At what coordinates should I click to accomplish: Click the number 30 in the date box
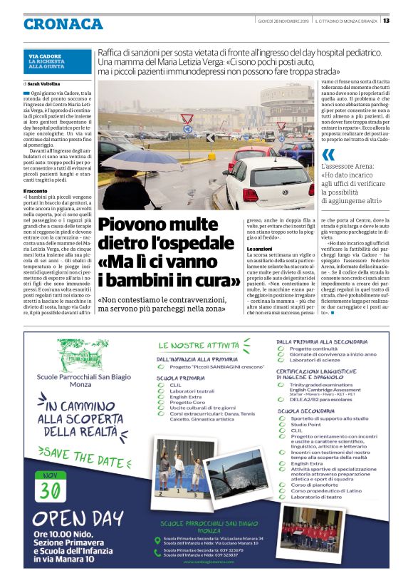(50, 491)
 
